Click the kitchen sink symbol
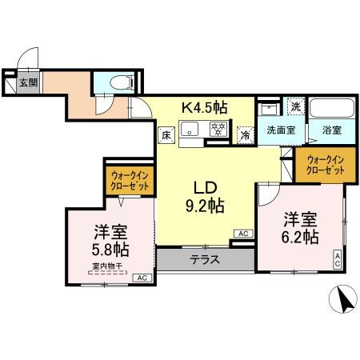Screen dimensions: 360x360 190,128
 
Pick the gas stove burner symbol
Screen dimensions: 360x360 216,128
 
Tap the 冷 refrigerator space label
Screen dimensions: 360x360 246,136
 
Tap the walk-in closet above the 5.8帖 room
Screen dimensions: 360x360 128,182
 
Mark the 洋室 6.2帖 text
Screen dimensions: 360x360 299,229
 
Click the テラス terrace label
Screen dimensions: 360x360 206,259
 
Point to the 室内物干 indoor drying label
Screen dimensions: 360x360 106,266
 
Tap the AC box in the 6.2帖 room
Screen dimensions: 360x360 337,258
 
